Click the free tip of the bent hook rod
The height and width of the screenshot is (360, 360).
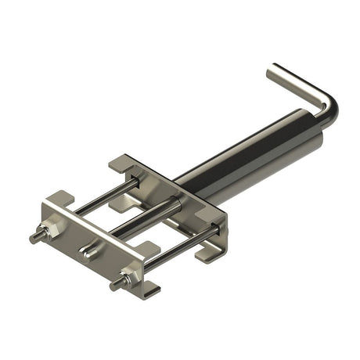pyautogui.click(x=272, y=71)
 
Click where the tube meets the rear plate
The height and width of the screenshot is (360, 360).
pyautogui.click(x=180, y=188)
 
